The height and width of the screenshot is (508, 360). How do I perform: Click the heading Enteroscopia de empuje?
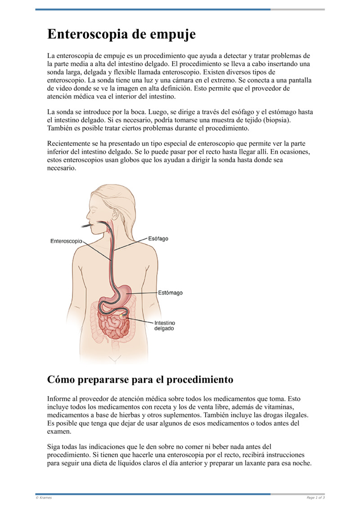121,34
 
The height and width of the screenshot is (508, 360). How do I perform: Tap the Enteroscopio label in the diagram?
66,241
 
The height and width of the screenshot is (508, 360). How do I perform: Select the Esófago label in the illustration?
158,238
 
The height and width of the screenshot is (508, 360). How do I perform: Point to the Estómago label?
170,293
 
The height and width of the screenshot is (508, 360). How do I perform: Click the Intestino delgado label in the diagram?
165,325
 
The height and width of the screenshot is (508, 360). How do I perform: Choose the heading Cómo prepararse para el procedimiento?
140,379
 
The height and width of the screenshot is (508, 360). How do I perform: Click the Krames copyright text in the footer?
44,498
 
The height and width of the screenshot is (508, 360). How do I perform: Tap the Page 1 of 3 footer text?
315,498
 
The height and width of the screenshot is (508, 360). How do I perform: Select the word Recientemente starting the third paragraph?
70,144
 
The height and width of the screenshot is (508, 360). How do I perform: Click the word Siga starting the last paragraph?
54,447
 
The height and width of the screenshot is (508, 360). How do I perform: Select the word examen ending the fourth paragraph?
59,431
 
